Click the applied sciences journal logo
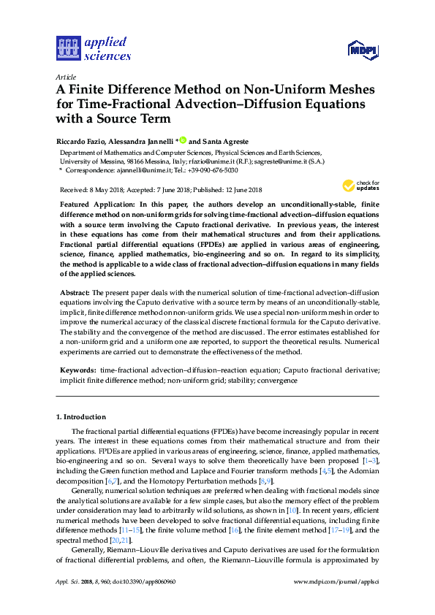(94, 48)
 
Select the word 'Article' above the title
(65, 76)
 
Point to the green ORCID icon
(183, 140)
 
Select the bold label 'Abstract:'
(75, 292)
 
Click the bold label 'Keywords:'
(77, 371)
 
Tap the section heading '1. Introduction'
(81, 417)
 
